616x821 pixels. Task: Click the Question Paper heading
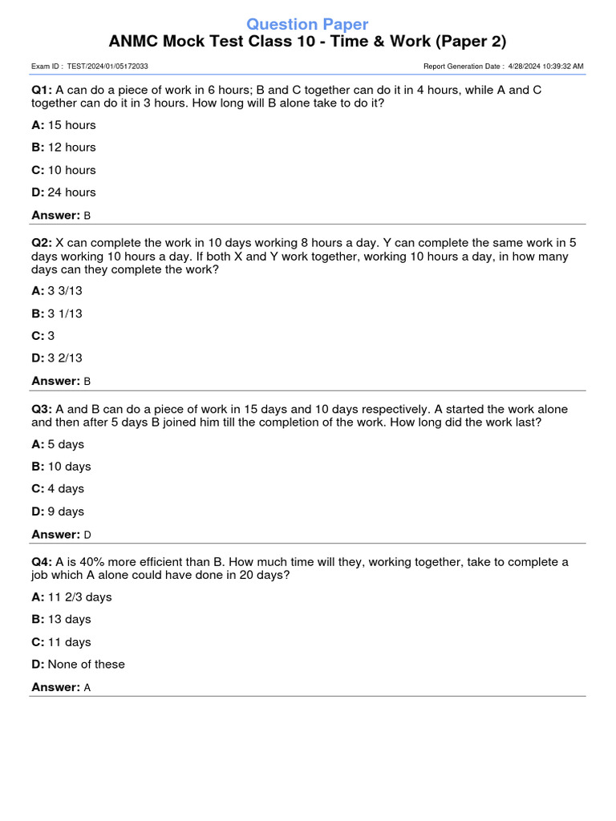pyautogui.click(x=307, y=24)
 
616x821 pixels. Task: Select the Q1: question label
pyautogui.click(x=42, y=90)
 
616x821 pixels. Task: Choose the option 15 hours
pyautogui.click(x=71, y=125)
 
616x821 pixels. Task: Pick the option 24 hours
pyautogui.click(x=71, y=192)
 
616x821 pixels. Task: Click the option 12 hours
pyautogui.click(x=71, y=148)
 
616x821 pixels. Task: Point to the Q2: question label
pyautogui.click(x=42, y=242)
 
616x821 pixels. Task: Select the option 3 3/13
pyautogui.click(x=65, y=291)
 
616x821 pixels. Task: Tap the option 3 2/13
pyautogui.click(x=65, y=358)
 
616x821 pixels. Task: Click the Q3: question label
pyautogui.click(x=42, y=409)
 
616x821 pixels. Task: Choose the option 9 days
pyautogui.click(x=66, y=512)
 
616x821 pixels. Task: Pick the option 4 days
pyautogui.click(x=66, y=489)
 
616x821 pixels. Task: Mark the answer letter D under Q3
pyautogui.click(x=87, y=535)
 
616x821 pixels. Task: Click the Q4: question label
pyautogui.click(x=42, y=562)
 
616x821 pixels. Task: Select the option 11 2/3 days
pyautogui.click(x=79, y=597)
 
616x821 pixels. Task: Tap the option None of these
pyautogui.click(x=86, y=665)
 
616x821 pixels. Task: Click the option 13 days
pyautogui.click(x=69, y=620)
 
